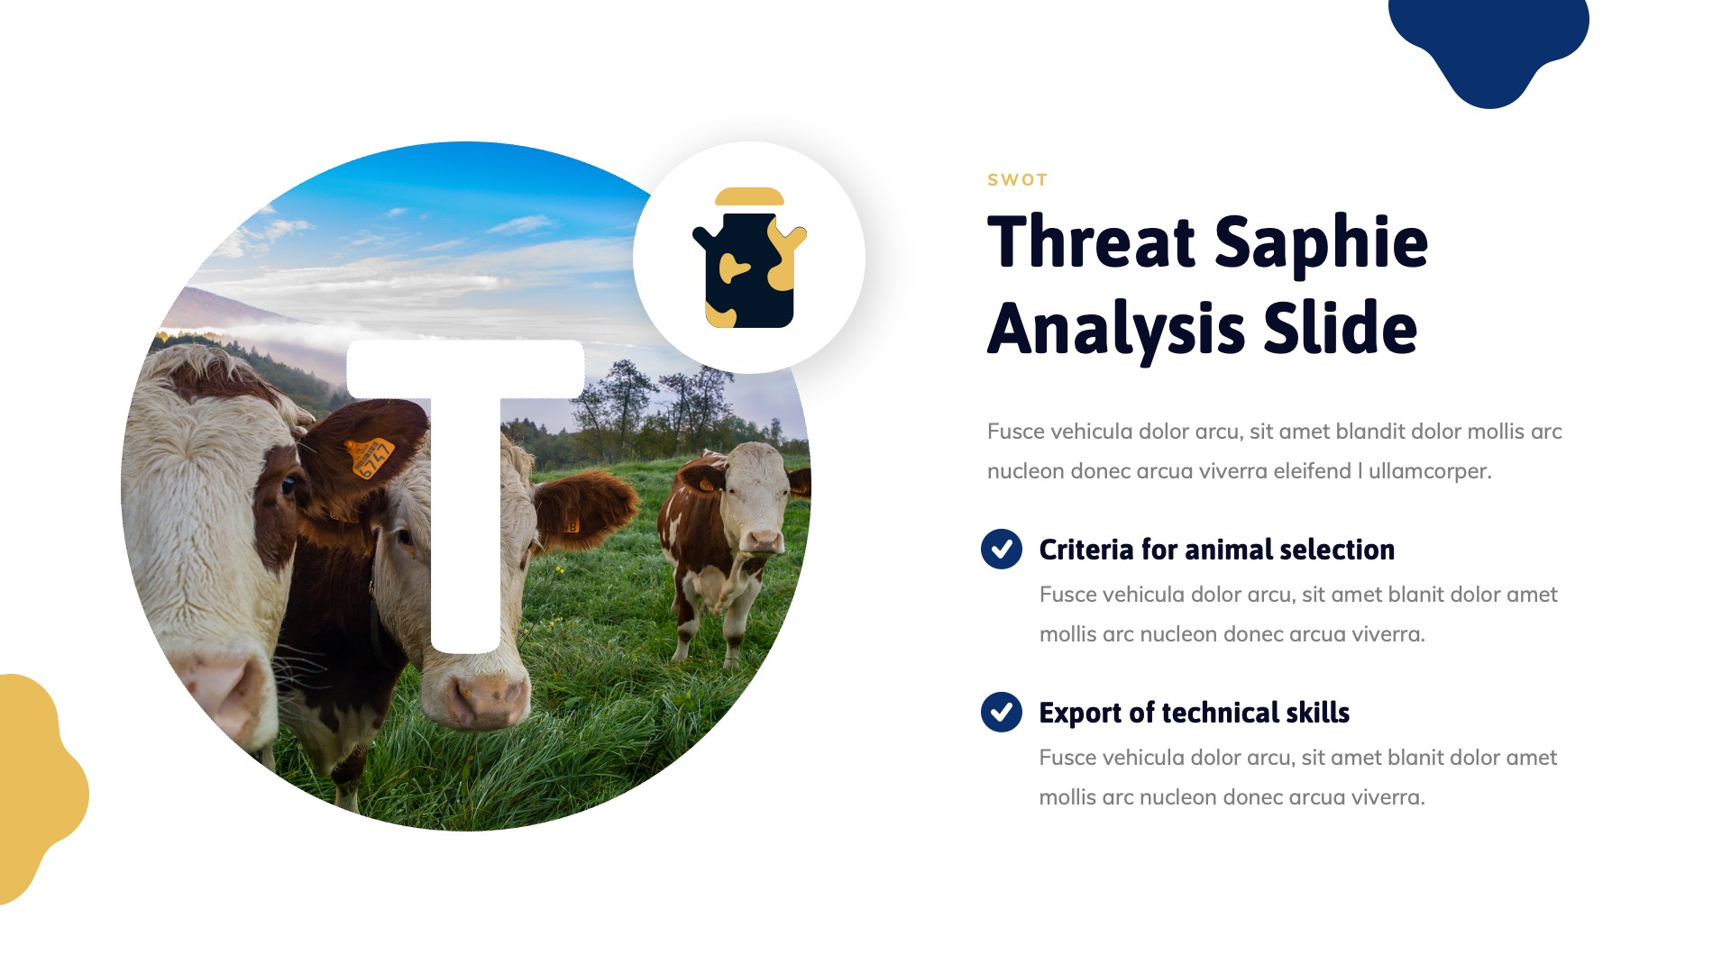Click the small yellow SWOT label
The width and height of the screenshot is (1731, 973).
(x=1017, y=180)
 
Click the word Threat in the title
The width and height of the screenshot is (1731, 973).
(x=1091, y=242)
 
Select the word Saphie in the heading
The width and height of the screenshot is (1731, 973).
(x=1321, y=242)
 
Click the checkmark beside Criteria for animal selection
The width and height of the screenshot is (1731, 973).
(x=1001, y=549)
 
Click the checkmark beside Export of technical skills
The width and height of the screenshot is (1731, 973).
(x=1001, y=712)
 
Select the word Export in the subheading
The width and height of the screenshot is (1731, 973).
(x=1079, y=713)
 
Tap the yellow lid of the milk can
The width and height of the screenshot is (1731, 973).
(x=749, y=196)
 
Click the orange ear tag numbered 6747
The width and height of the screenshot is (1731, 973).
(x=369, y=456)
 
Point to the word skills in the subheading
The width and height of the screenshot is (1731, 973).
(x=1317, y=713)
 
